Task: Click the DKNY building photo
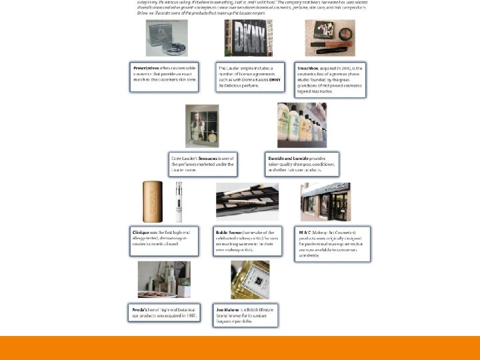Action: pyautogui.click(x=248, y=38)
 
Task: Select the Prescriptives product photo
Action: pyautogui.click(x=167, y=38)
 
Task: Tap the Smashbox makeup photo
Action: pyautogui.click(x=325, y=38)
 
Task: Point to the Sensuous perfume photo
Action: pyautogui.click(x=202, y=126)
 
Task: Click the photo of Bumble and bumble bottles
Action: pyautogui.click(x=302, y=125)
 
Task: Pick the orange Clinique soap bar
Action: pyautogui.click(x=151, y=201)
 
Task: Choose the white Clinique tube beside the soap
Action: pyautogui.click(x=179, y=203)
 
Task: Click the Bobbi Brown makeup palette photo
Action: pyautogui.click(x=247, y=201)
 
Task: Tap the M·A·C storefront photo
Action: pyautogui.click(x=325, y=201)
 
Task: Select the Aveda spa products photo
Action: pyautogui.click(x=164, y=279)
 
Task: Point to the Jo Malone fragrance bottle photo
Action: pyautogui.click(x=250, y=280)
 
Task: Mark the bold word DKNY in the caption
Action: pyautogui.click(x=275, y=79)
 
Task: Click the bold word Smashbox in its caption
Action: pyautogui.click(x=309, y=68)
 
